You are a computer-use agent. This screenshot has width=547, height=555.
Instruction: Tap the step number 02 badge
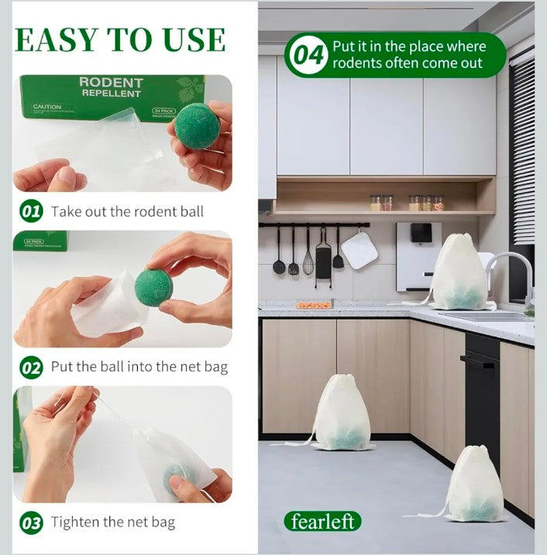tap(31, 368)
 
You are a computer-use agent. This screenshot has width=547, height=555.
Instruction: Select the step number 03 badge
tap(31, 523)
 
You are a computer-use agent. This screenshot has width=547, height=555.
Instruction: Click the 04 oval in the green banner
tap(308, 56)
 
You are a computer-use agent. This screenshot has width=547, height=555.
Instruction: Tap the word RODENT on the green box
tap(111, 82)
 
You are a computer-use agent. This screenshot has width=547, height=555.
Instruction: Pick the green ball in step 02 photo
tap(153, 287)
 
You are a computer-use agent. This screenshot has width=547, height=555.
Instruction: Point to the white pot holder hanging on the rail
tap(360, 250)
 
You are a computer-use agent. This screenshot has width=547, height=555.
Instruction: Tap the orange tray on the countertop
tap(313, 304)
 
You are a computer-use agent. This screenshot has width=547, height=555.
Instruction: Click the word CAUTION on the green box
tap(47, 107)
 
